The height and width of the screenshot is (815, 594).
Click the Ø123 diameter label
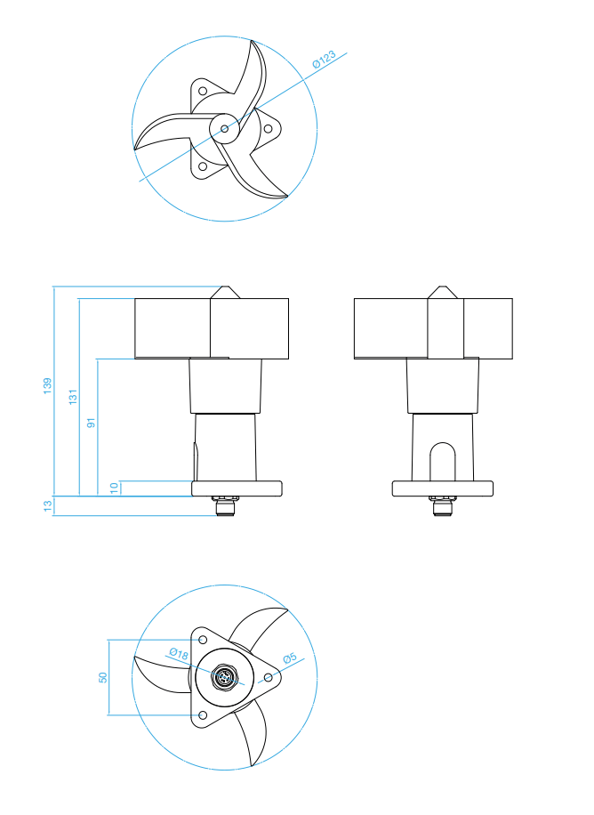click(x=324, y=60)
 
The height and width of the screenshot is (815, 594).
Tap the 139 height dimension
click(x=47, y=385)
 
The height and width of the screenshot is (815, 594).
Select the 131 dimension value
click(x=73, y=397)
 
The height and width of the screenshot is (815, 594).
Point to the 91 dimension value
click(x=92, y=422)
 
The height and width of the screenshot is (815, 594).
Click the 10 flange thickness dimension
click(x=115, y=488)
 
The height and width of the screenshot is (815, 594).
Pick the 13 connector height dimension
click(x=48, y=506)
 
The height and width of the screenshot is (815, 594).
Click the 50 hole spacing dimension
click(x=103, y=677)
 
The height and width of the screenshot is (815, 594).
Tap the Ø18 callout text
click(x=179, y=653)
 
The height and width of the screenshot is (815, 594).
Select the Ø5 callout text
click(x=290, y=658)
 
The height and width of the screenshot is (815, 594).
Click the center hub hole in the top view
click(x=224, y=128)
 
